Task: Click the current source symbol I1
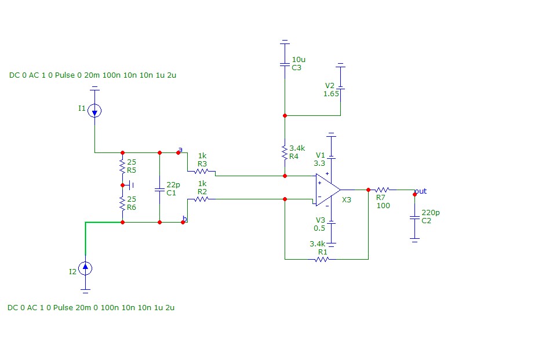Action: [x=94, y=111]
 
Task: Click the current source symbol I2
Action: [x=85, y=268]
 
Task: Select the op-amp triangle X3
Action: [x=328, y=190]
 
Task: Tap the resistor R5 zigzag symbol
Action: [x=122, y=166]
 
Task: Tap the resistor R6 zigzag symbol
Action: [x=122, y=203]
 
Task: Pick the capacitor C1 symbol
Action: [x=159, y=190]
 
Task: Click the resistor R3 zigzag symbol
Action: [x=201, y=171]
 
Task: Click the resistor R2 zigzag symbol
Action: [x=201, y=199]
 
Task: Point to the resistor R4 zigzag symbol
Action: [x=285, y=152]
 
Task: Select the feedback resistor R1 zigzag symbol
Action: [x=322, y=259]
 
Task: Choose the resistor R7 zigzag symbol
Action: [x=383, y=190]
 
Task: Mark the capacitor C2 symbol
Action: [x=415, y=217]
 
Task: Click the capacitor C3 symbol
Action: [x=285, y=64]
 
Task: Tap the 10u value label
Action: [x=299, y=60]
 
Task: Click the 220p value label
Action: [x=430, y=212]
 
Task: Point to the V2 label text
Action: [x=330, y=85]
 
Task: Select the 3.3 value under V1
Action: [x=319, y=163]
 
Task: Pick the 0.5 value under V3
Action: [x=319, y=228]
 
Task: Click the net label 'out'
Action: [x=421, y=191]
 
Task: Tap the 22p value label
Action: [x=173, y=185]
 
